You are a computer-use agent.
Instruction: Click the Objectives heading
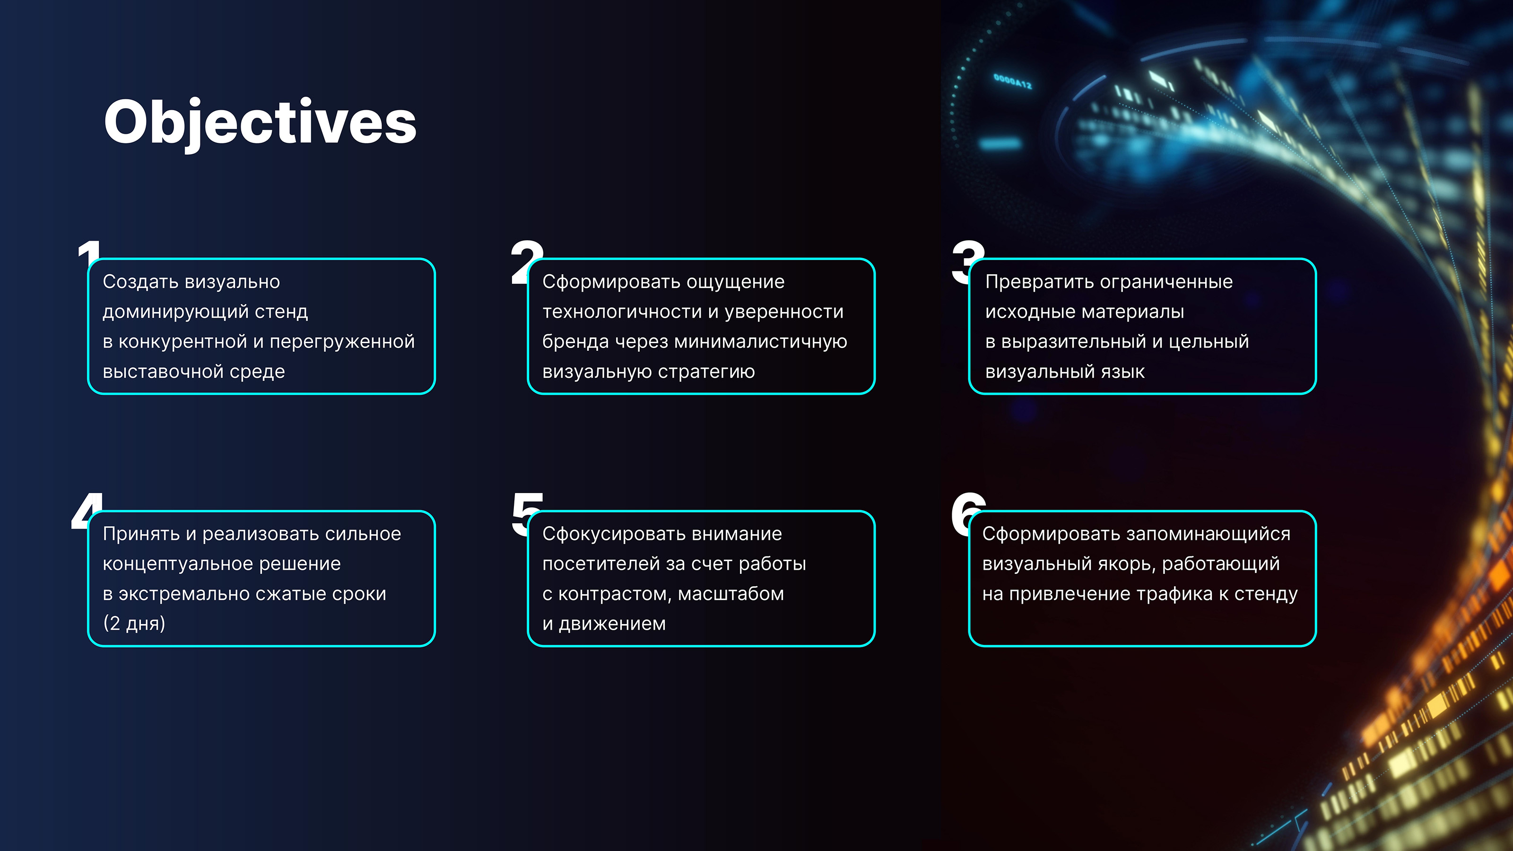click(x=260, y=122)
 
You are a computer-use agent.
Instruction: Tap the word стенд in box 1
click(x=281, y=312)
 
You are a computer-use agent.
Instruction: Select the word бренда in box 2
click(x=575, y=342)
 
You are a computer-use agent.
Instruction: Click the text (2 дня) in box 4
click(x=134, y=623)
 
